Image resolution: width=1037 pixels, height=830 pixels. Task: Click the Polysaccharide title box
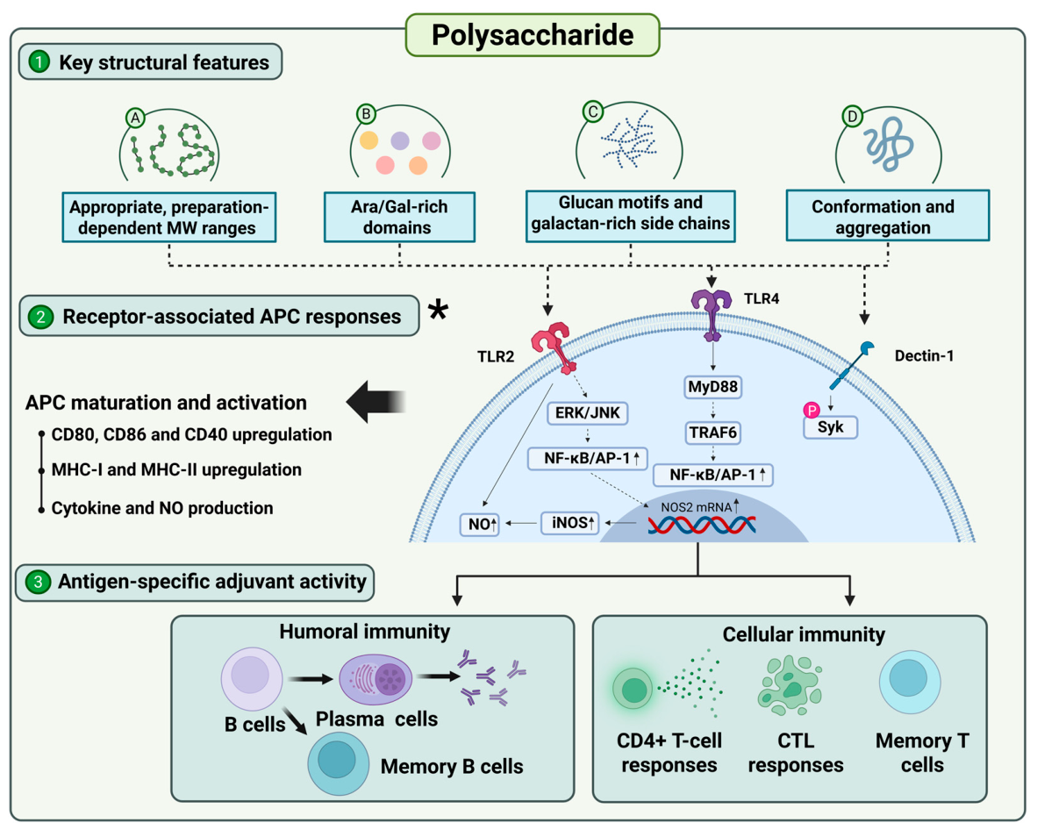pos(533,34)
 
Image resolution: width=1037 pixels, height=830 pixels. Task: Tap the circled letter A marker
pos(135,118)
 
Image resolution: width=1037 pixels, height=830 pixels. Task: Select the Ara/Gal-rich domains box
pos(399,217)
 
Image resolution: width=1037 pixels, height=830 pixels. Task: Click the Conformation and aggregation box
pos(888,216)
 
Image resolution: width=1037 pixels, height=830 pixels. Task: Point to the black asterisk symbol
pos(438,309)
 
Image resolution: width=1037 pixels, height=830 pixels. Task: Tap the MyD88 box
pos(713,387)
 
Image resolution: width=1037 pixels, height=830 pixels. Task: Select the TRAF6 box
pos(713,433)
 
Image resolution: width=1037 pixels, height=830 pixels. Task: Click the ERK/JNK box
pos(587,413)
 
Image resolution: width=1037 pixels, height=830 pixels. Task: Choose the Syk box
pos(831,427)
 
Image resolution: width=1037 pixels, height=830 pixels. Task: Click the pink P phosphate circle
pos(812,410)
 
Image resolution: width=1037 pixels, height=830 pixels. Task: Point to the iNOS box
pos(571,523)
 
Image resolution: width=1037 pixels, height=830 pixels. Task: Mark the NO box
pos(480,525)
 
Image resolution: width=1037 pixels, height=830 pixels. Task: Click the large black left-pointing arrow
pos(375,402)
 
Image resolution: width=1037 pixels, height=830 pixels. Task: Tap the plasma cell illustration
pos(375,679)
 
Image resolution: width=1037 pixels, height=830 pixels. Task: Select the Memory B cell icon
pos(339,763)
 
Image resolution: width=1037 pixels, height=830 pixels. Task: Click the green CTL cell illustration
pos(790,686)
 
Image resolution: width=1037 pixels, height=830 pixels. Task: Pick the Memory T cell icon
pos(910,682)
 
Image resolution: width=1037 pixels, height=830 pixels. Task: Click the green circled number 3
pos(38,582)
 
